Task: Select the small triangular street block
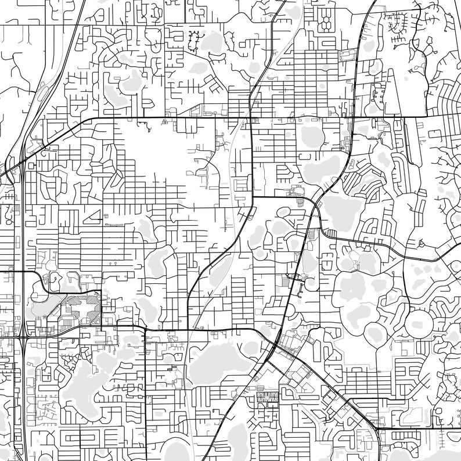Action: click(92, 217)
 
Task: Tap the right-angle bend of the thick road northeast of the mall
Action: click(101, 290)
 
